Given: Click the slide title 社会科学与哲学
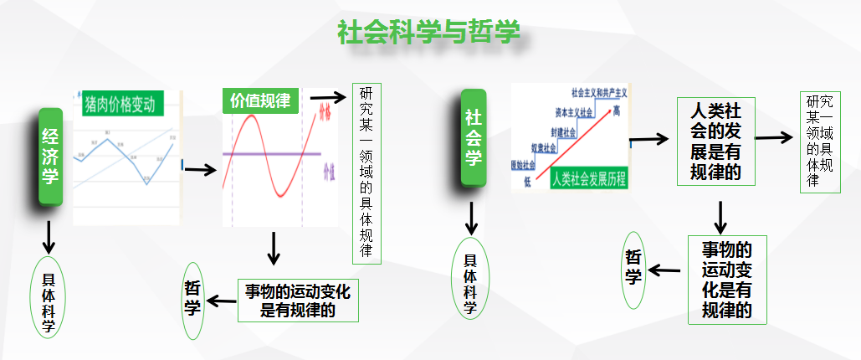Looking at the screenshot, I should [429, 32].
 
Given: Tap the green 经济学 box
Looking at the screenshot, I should [50, 155].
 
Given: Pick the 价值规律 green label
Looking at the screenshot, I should [260, 100].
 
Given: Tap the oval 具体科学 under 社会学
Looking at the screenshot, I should [471, 279].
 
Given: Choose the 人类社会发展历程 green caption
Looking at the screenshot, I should [590, 179].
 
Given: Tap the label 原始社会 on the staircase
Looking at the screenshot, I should [524, 164].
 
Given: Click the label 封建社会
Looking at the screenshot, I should [563, 132].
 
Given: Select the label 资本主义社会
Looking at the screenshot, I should [574, 112].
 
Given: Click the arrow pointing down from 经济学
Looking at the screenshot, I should [49, 236].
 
